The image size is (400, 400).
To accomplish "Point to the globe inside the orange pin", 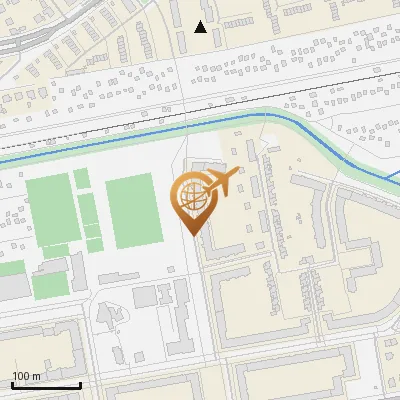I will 190,196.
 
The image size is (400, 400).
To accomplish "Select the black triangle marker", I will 201,27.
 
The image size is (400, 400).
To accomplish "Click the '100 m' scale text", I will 26,376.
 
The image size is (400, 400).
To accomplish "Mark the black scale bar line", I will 46,385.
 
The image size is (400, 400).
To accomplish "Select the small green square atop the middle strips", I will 81,178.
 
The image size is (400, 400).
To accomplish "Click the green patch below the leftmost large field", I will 50,285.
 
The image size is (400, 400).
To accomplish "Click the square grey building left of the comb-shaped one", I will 145,296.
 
